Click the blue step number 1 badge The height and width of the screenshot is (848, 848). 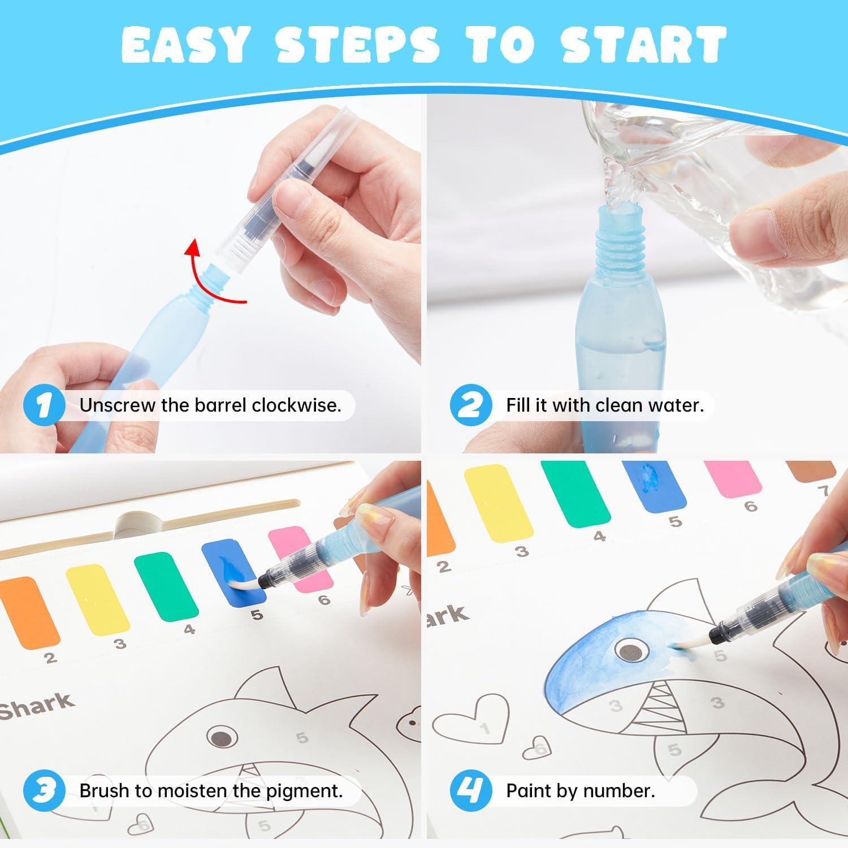pos(43,405)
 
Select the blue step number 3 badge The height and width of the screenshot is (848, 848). pos(43,790)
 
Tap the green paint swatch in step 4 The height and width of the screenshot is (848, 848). pos(576,495)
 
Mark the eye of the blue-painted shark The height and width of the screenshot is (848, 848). pos(628,651)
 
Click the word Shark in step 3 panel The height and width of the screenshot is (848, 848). pos(36,707)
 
